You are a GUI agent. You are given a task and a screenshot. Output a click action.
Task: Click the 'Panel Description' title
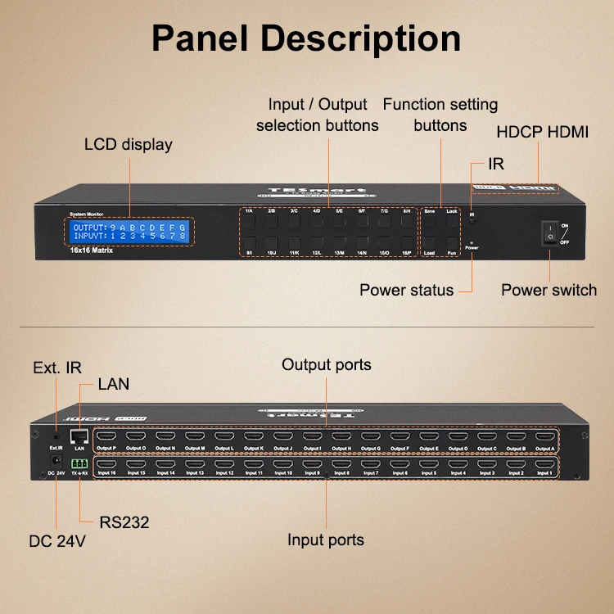(306, 38)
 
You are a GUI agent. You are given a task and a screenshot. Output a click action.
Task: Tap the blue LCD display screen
(130, 231)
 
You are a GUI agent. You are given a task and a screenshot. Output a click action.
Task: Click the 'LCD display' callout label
(129, 145)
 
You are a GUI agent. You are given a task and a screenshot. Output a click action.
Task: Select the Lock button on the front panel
(451, 222)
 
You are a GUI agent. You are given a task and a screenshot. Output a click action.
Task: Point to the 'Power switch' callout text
(549, 290)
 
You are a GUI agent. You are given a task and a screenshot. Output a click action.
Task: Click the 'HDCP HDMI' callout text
(542, 132)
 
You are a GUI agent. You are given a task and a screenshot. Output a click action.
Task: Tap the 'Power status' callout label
(406, 290)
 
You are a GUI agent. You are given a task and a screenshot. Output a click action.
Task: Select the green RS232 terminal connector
(79, 463)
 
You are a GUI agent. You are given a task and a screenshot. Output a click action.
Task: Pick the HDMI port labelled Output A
(544, 437)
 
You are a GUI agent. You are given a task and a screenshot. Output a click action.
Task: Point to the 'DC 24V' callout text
(57, 540)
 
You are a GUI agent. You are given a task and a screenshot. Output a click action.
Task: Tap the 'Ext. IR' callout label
(56, 368)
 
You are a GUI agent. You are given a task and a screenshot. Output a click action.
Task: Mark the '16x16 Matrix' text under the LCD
(92, 251)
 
